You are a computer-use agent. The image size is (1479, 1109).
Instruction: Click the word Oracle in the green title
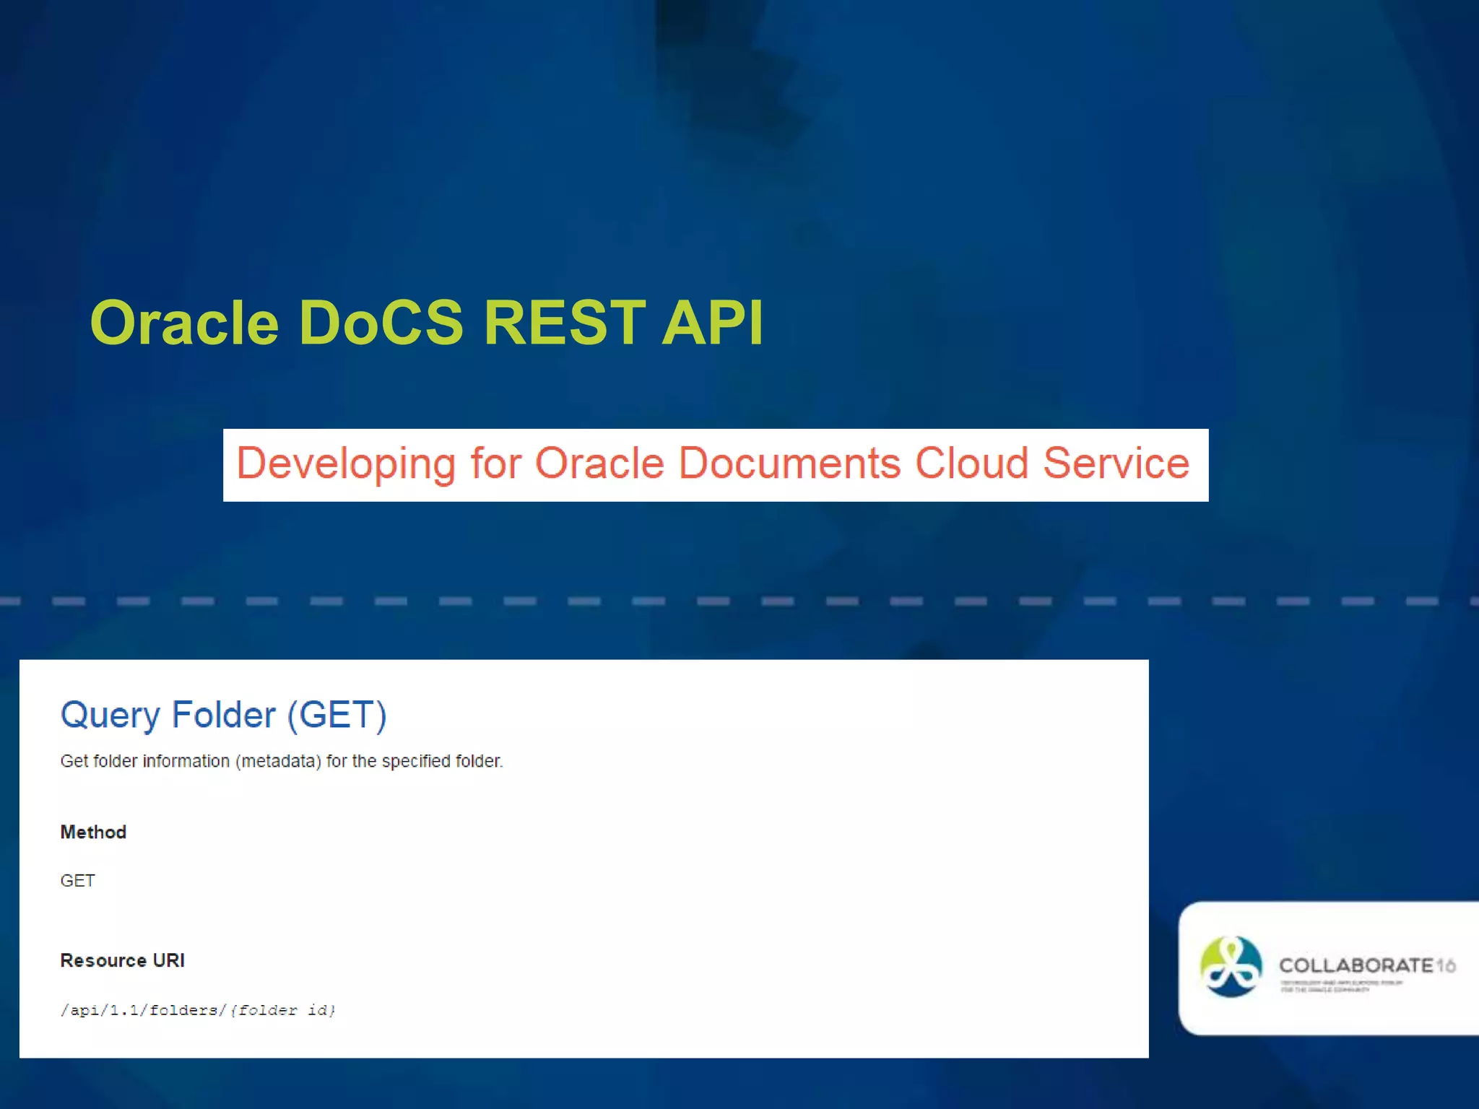pyautogui.click(x=184, y=323)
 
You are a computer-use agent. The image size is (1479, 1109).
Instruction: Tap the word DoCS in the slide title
pyautogui.click(x=381, y=323)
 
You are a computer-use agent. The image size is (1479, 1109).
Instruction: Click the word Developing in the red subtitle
pyautogui.click(x=346, y=464)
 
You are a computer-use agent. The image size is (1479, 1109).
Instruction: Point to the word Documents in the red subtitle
pyautogui.click(x=789, y=464)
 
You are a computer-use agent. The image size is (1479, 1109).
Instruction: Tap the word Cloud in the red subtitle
pyautogui.click(x=971, y=464)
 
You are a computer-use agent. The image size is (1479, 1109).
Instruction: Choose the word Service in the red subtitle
pyautogui.click(x=1116, y=464)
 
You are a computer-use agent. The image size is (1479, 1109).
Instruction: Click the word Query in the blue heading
pyautogui.click(x=110, y=716)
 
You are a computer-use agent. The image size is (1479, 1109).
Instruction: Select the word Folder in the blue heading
pyautogui.click(x=223, y=716)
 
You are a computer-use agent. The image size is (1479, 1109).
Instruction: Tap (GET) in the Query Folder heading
pyautogui.click(x=337, y=716)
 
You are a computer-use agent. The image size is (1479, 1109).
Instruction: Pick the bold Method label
pyautogui.click(x=93, y=832)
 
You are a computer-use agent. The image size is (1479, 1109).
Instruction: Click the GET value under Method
pyautogui.click(x=77, y=881)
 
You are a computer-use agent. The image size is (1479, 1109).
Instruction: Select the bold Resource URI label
pyautogui.click(x=122, y=961)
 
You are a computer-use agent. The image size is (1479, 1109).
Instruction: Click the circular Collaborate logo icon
pyautogui.click(x=1231, y=967)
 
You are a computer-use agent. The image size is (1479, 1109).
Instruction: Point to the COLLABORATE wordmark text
pyautogui.click(x=1356, y=965)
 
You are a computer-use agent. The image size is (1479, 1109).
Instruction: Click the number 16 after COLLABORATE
pyautogui.click(x=1446, y=965)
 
